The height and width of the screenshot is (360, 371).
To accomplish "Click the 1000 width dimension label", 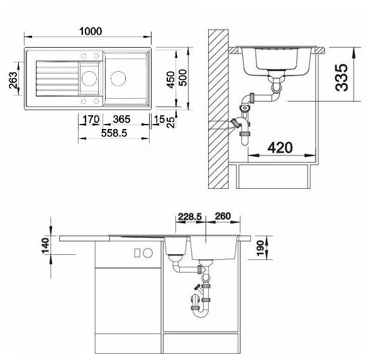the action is (x=91, y=31).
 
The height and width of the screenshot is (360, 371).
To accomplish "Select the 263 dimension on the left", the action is (x=13, y=80).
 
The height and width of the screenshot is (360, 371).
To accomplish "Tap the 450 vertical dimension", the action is (x=170, y=80).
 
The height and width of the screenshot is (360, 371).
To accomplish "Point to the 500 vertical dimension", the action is (x=182, y=77).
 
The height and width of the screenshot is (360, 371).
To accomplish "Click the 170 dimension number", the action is (x=91, y=120).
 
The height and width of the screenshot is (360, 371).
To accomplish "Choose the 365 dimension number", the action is (x=121, y=120).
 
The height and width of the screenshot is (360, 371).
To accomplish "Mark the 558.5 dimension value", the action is (x=114, y=133).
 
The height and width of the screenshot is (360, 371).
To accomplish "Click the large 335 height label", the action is (x=341, y=77).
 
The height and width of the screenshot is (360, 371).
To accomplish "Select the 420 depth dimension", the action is (x=280, y=147).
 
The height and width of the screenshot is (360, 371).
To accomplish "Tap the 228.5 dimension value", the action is (x=190, y=217).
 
